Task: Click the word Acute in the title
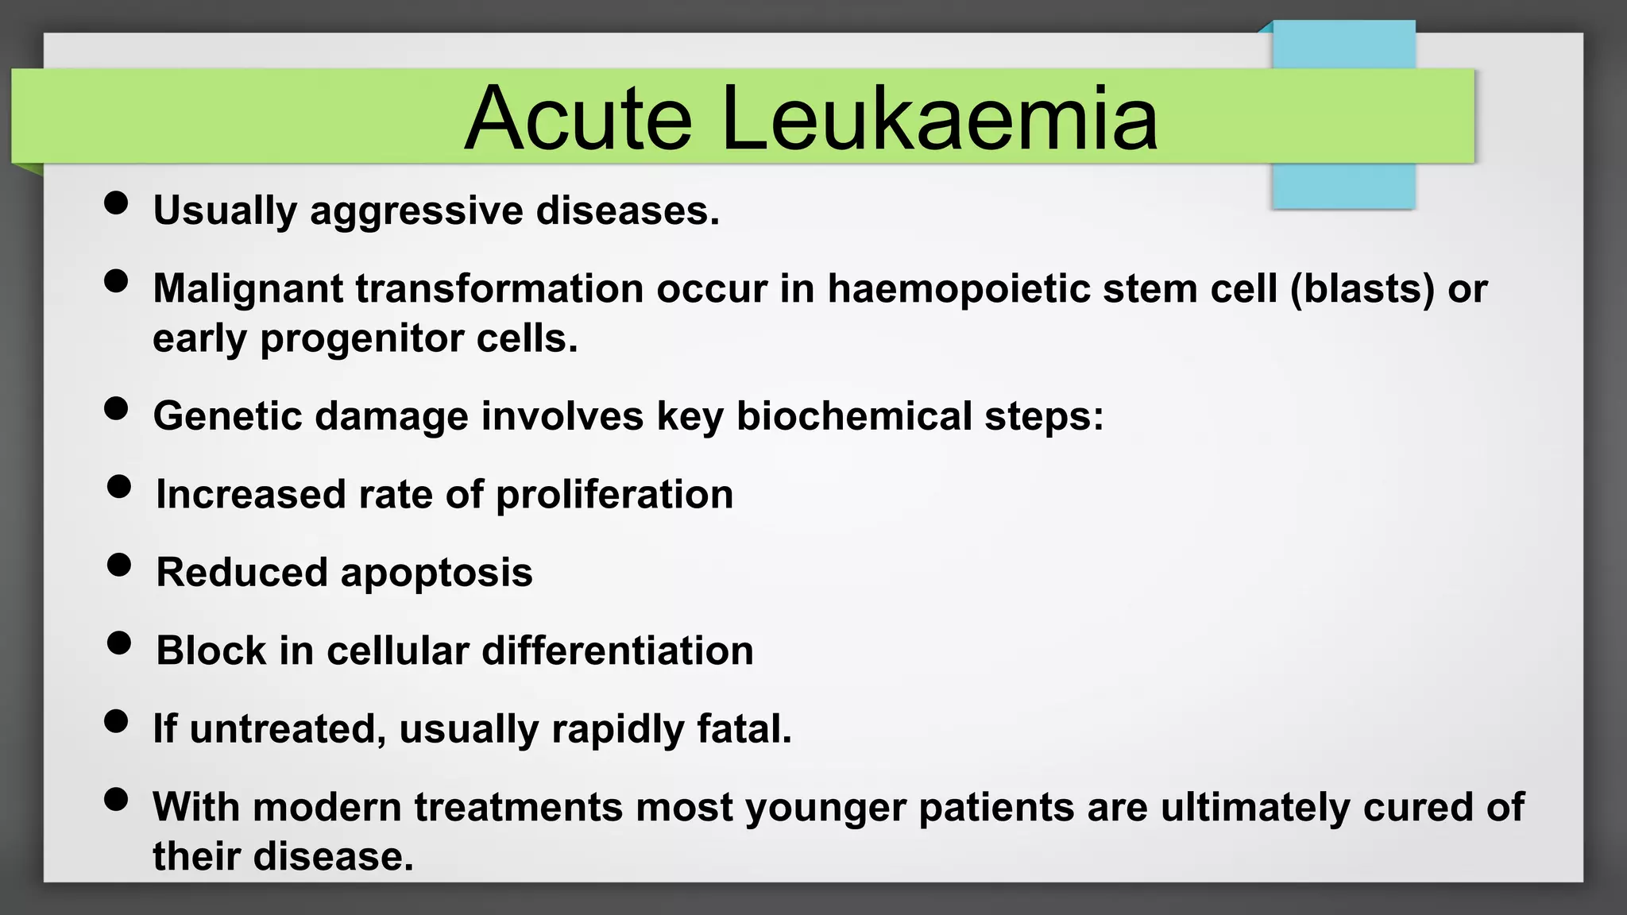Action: click(578, 119)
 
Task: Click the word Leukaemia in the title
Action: click(939, 119)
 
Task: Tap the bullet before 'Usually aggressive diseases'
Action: click(116, 203)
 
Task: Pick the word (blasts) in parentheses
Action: click(1362, 289)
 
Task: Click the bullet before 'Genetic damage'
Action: click(116, 408)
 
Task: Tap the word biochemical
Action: click(854, 416)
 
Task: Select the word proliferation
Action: click(614, 495)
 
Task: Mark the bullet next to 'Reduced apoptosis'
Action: click(119, 565)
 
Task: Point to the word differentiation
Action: click(617, 651)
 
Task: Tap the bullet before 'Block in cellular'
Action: click(119, 643)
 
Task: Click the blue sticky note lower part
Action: click(1343, 186)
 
